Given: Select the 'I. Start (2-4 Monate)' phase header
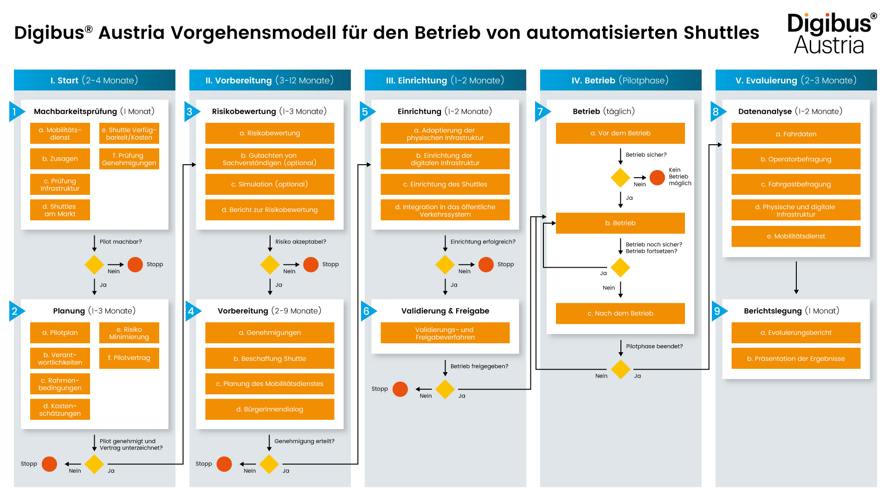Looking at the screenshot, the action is (x=95, y=80).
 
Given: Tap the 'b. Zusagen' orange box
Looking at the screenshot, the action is (x=60, y=159).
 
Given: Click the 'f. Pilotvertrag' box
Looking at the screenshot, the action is (x=129, y=358).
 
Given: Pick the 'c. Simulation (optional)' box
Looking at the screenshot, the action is (x=270, y=184).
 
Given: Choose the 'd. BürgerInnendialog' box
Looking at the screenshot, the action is (x=270, y=409).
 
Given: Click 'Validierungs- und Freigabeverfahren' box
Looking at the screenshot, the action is (x=445, y=333).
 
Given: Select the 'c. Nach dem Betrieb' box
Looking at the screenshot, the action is (x=620, y=314).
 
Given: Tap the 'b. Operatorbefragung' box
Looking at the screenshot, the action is (x=796, y=159).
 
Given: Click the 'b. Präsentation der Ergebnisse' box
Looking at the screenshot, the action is (x=796, y=359).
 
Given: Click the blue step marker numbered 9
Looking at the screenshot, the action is (x=718, y=311).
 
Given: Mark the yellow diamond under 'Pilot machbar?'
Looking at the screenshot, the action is (x=94, y=265).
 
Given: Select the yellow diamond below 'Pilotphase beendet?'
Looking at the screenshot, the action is (x=620, y=369).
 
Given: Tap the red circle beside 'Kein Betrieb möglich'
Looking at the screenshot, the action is (x=657, y=177).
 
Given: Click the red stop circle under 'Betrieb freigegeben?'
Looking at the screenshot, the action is (x=400, y=389).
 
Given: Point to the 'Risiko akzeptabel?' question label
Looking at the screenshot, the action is (x=301, y=242).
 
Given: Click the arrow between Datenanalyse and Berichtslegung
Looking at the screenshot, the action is (x=796, y=277).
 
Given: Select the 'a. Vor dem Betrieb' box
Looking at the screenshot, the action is (x=620, y=133).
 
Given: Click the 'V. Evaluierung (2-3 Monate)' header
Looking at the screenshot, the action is (x=796, y=80).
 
